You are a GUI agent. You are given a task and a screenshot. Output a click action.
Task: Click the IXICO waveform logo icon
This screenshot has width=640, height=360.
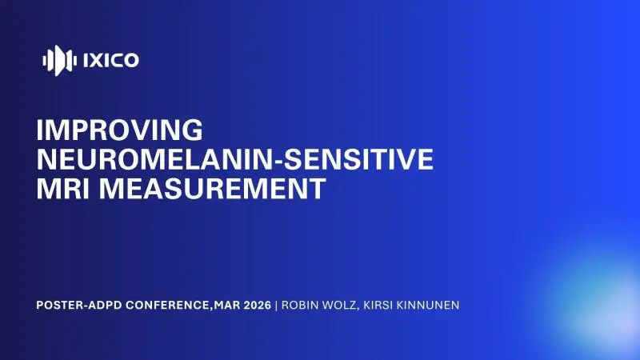tap(59, 59)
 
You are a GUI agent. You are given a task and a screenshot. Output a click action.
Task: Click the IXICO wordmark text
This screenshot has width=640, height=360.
tap(110, 59)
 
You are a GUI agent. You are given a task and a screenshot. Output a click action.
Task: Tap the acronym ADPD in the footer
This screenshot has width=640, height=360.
tap(110, 305)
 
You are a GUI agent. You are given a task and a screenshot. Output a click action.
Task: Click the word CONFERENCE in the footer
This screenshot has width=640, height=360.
tap(170, 305)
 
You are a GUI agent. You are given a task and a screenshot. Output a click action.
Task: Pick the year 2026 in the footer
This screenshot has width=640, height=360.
tap(256, 305)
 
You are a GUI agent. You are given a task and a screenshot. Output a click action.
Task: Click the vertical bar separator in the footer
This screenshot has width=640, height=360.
tap(277, 305)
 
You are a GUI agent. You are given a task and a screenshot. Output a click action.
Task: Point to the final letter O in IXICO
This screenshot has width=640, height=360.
tap(130, 59)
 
